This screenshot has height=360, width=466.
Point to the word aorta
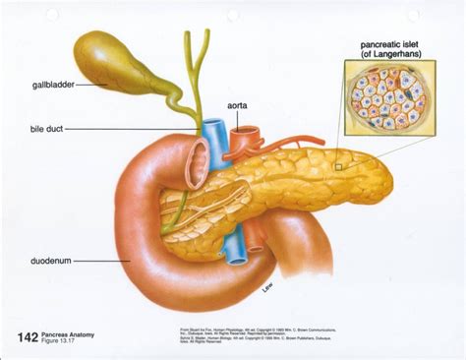pos(242,104)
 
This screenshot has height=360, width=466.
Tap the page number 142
pos(28,337)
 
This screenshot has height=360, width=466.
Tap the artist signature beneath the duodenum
pos(265,286)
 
